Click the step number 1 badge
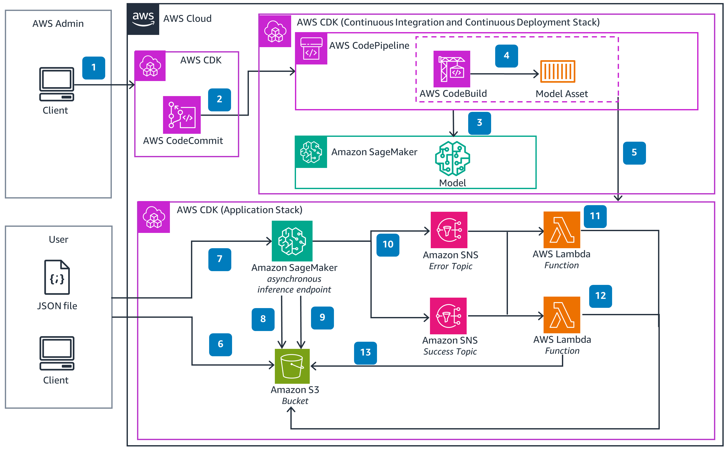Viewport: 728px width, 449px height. point(93,68)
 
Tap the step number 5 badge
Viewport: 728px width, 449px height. point(634,153)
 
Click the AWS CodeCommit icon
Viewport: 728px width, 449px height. point(182,115)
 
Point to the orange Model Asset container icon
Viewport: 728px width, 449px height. point(557,71)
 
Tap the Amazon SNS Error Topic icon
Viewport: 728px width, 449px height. point(449,230)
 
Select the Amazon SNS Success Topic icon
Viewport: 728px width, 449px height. point(448,316)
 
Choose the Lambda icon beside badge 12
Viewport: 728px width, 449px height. point(561,315)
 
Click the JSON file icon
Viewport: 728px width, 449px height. point(57,277)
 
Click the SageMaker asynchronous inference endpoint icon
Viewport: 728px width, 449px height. point(292,241)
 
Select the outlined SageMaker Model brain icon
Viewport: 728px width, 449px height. point(452,159)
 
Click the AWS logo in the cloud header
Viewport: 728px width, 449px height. point(143,19)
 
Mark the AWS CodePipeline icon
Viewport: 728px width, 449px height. point(311,49)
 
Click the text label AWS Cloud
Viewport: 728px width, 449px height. point(187,19)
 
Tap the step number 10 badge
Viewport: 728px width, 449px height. point(388,245)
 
